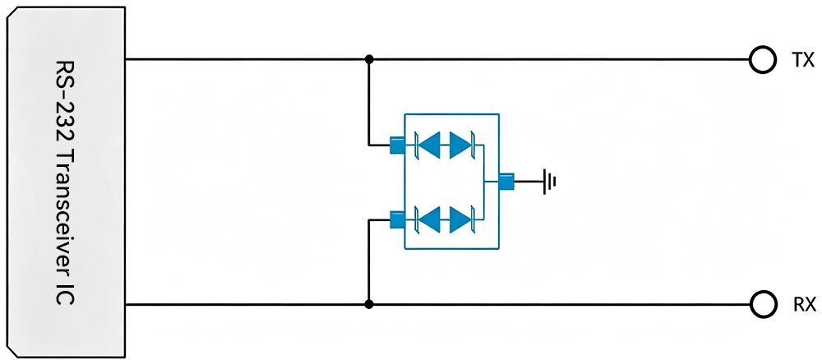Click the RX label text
click(803, 304)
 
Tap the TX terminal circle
click(763, 60)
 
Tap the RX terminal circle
click(763, 304)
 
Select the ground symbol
click(549, 182)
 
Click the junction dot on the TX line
click(369, 59)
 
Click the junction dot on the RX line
click(369, 304)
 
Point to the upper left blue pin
click(397, 145)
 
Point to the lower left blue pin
click(397, 219)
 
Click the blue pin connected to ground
click(506, 182)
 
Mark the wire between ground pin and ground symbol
click(529, 182)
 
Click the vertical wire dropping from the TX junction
click(369, 102)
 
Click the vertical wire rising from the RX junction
click(369, 262)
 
